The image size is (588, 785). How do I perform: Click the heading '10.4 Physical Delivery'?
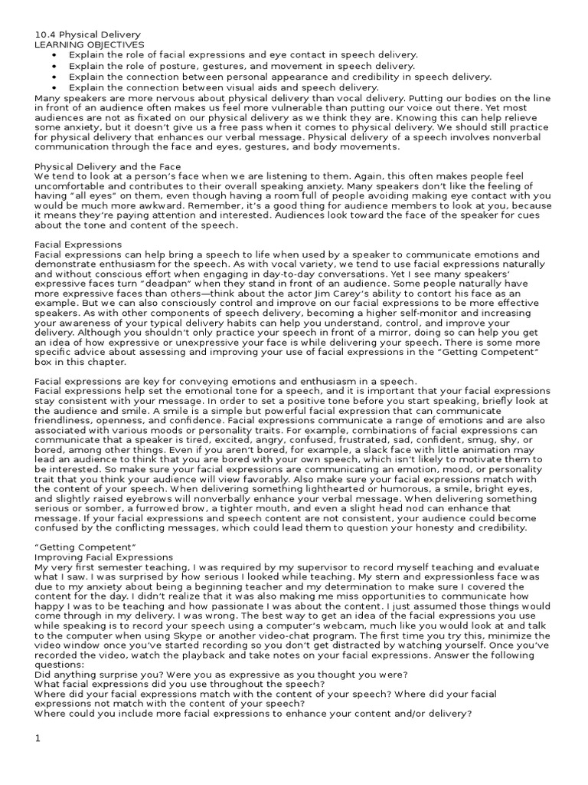point(88,34)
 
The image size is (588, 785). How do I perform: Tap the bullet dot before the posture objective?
point(54,67)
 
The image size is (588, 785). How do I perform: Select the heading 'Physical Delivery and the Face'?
point(107,166)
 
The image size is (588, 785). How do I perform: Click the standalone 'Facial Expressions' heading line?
point(79,245)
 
